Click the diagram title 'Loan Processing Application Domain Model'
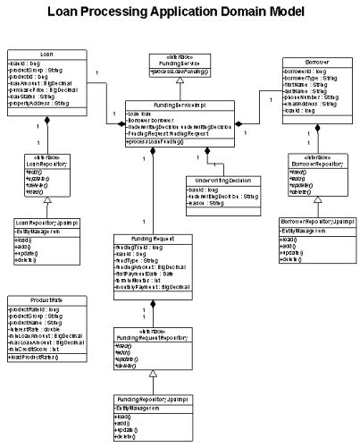[x=180, y=13]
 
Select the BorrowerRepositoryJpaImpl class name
[x=313, y=219]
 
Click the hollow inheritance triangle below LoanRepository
[x=40, y=200]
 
